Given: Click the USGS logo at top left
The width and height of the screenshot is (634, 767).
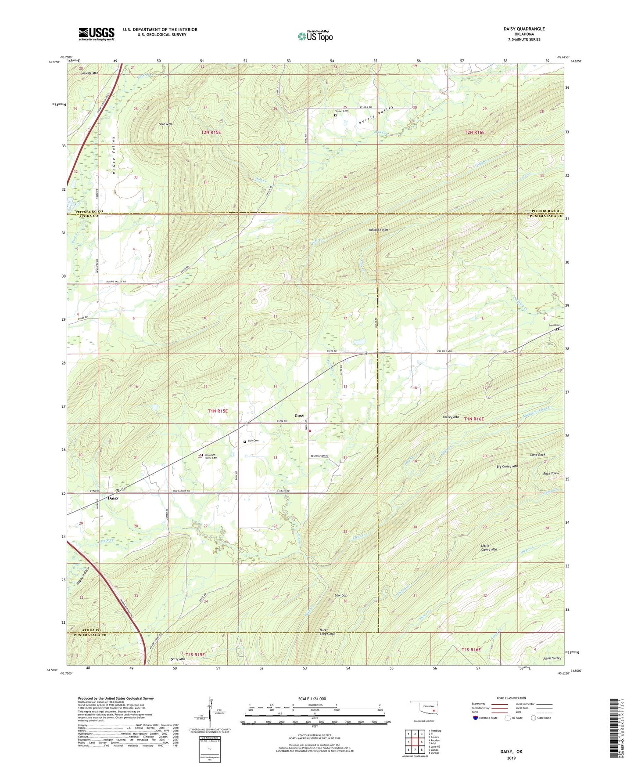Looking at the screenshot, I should [97, 34].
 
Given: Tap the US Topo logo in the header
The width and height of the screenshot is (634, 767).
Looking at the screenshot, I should [315, 36].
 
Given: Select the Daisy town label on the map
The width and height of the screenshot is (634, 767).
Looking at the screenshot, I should [113, 498].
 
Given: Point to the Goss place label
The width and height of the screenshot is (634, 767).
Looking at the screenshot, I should [299, 415].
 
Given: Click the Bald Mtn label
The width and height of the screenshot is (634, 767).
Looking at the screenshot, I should [165, 124].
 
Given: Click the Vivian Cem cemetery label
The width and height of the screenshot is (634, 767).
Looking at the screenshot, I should [342, 111].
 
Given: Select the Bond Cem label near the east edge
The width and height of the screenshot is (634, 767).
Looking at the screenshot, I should [555, 325].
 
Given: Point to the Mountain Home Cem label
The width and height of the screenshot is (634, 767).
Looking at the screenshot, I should [211, 456].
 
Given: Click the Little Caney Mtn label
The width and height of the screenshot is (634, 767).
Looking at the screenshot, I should [489, 547].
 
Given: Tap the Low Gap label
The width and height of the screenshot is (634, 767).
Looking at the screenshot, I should [341, 595].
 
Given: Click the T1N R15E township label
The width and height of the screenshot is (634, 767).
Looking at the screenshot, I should [218, 411].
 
